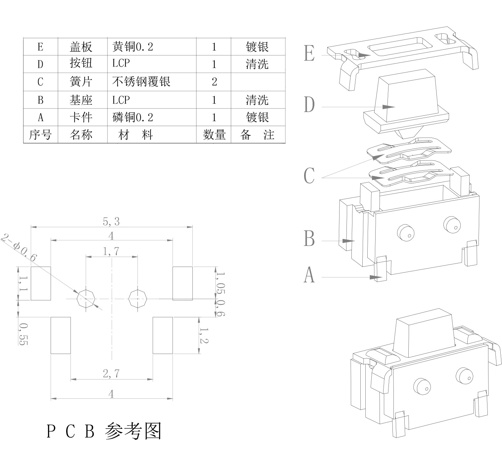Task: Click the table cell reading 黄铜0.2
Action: [x=133, y=47]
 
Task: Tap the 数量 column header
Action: [x=214, y=135]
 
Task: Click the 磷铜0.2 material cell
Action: [x=133, y=117]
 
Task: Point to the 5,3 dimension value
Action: [x=111, y=221]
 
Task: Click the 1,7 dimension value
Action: [x=111, y=252]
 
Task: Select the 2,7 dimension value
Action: [x=111, y=374]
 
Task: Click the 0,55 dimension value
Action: [x=23, y=334]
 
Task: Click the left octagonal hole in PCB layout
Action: [x=86, y=299]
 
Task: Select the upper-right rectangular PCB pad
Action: [x=182, y=283]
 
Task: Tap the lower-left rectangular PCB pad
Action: [x=61, y=335]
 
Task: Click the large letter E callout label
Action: [x=309, y=53]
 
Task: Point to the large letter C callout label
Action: [x=309, y=176]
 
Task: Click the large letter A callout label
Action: [x=309, y=275]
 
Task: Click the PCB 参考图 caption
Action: [x=104, y=431]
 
